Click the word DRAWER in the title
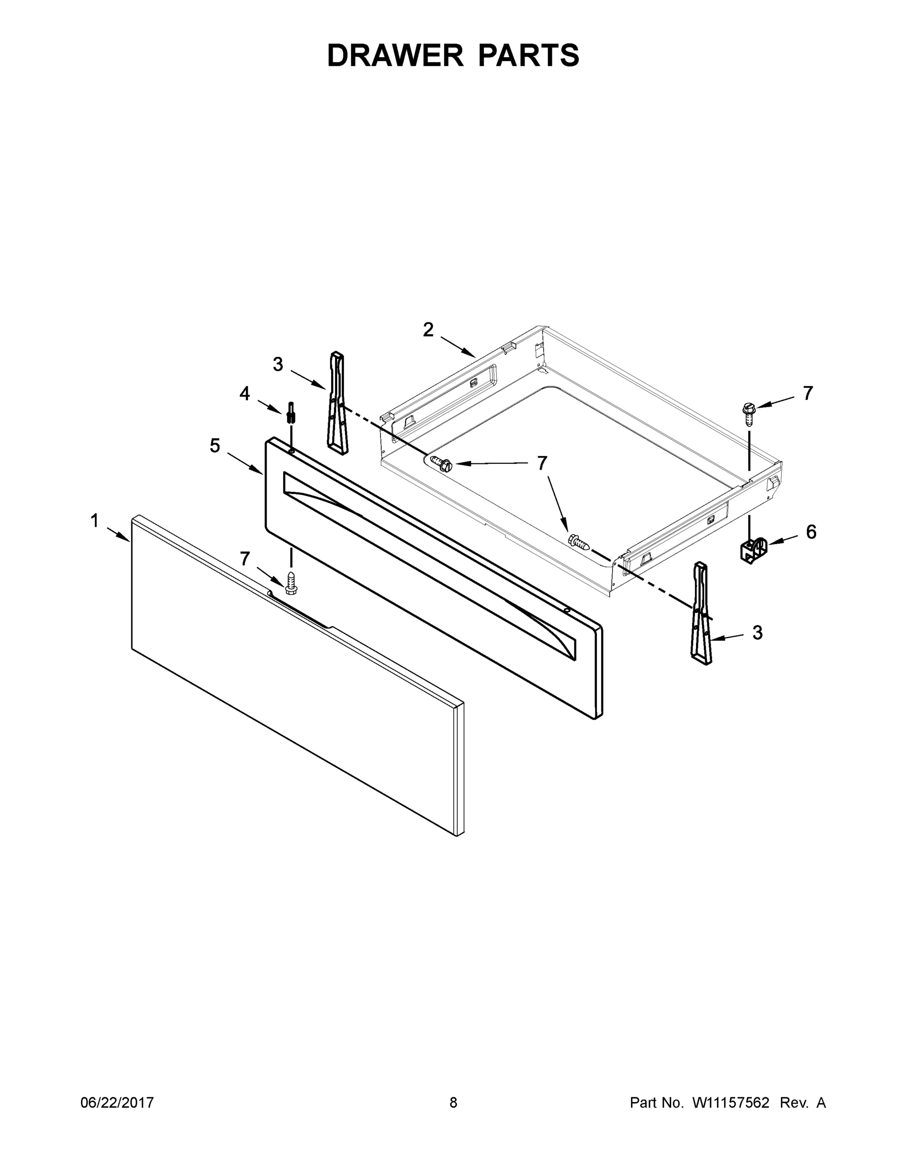395,55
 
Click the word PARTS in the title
528,55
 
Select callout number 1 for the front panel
94,520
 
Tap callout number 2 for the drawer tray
428,330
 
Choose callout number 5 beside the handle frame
215,445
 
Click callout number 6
811,532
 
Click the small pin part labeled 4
292,412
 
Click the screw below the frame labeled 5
291,583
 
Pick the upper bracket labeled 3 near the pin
337,402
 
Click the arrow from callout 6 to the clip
782,541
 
